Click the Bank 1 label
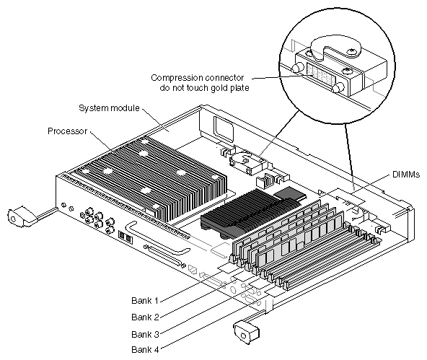[x=144, y=300]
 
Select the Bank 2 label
[x=145, y=317]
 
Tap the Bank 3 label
[x=145, y=334]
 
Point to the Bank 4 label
[x=145, y=349]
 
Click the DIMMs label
[x=406, y=175]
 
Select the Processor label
[x=67, y=131]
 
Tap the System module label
[x=109, y=108]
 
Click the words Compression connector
[x=198, y=78]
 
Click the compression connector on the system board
[x=248, y=162]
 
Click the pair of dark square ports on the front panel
[x=126, y=237]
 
